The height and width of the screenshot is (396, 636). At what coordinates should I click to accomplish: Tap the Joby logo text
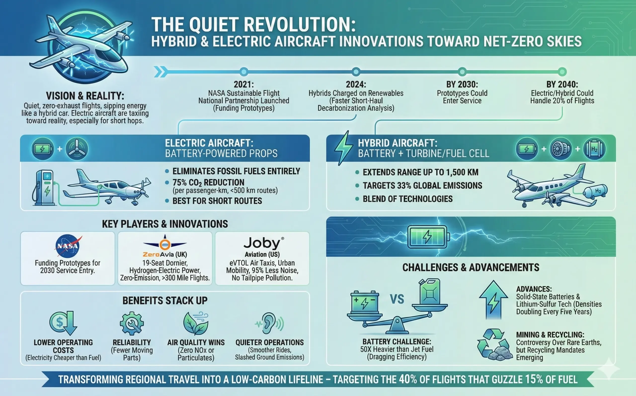tap(262, 243)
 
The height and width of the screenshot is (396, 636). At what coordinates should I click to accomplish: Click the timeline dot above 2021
tap(244, 71)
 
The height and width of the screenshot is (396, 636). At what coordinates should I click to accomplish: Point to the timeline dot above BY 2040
tap(562, 71)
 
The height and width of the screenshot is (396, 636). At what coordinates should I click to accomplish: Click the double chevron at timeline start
tap(160, 72)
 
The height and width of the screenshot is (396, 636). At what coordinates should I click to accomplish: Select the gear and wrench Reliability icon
tap(131, 324)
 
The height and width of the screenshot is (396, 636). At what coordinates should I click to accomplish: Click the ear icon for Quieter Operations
tap(269, 323)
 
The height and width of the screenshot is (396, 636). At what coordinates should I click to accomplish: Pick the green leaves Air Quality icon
tap(196, 324)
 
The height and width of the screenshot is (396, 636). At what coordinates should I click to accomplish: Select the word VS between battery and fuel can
tap(397, 299)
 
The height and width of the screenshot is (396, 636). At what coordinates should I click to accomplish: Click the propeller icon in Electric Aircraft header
tap(77, 149)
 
